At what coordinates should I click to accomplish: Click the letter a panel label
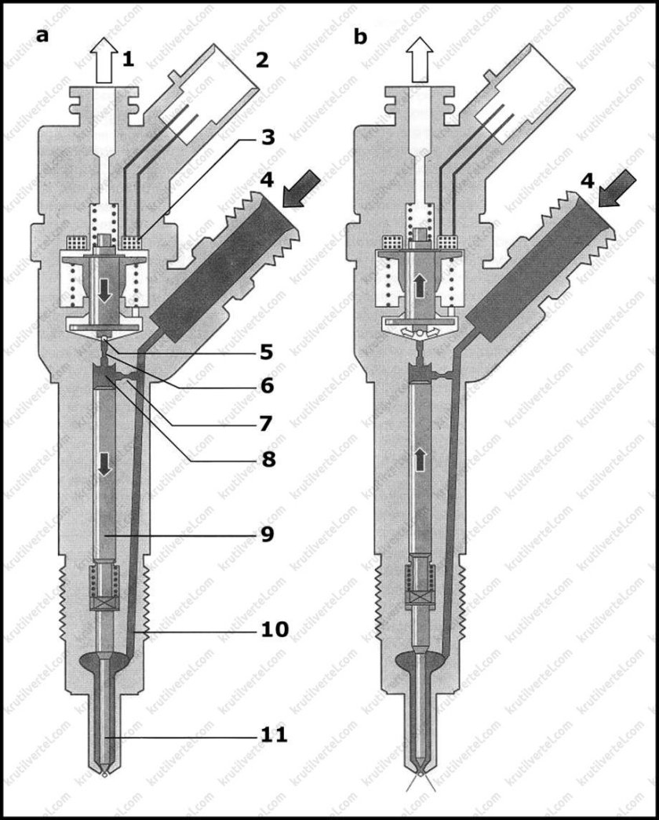pos(42,36)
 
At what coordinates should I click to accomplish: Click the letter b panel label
pos(361,36)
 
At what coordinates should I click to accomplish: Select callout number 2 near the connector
pos(261,58)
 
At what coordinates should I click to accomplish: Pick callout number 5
pos(268,352)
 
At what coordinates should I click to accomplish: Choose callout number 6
pos(268,385)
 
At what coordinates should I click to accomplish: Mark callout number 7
pos(268,422)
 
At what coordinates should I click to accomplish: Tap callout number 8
pos(268,457)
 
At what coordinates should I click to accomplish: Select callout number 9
pos(268,534)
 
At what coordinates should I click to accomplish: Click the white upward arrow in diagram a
pos(102,63)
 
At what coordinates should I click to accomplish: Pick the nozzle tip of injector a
pos(102,771)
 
